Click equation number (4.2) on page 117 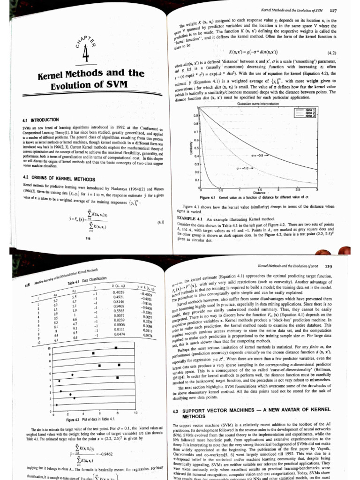coord(331,53)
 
